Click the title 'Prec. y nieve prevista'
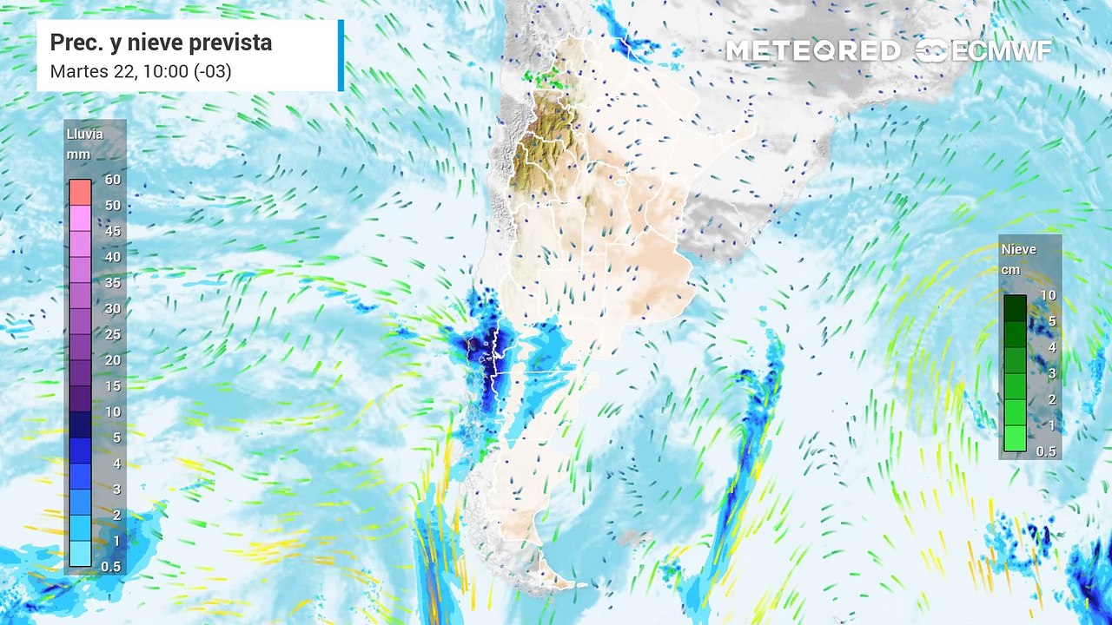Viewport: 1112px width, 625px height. coord(161,43)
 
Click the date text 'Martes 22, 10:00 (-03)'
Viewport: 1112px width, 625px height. coord(141,71)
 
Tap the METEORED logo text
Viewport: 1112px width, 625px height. coord(812,51)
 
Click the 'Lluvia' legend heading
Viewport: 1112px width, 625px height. coord(84,135)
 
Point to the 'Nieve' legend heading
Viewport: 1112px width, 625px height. coord(1018,249)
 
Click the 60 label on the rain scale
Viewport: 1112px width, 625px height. coord(112,180)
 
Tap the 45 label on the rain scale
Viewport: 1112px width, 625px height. coord(112,231)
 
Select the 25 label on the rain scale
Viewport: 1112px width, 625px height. coord(112,334)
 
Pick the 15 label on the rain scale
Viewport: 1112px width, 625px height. coord(112,385)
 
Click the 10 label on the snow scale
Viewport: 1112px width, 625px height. coord(1048,295)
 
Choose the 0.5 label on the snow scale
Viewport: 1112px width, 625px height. coord(1046,451)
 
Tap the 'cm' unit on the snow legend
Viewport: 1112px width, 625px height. coord(1010,270)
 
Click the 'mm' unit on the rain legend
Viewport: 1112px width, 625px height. coord(78,155)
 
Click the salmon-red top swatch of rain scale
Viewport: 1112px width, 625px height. coord(80,192)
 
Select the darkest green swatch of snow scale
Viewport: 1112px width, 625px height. coord(1015,307)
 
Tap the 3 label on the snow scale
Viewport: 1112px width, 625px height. coord(1051,373)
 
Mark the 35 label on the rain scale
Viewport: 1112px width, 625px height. coord(112,283)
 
